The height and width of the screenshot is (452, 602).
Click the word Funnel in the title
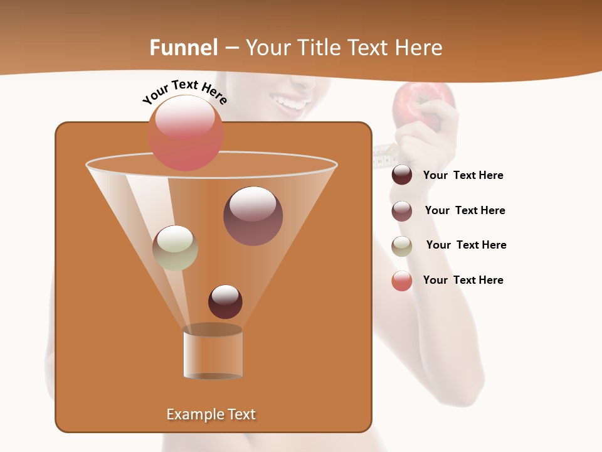(184, 48)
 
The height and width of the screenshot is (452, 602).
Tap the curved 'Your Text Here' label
(185, 92)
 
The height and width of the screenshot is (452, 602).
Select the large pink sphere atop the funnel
(185, 133)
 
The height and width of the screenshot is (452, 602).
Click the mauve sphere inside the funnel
(253, 216)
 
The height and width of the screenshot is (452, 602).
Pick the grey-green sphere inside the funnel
(175, 248)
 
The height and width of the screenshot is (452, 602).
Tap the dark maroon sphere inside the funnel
(225, 301)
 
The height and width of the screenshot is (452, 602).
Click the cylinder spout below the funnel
(213, 355)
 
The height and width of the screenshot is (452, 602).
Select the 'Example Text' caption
(211, 414)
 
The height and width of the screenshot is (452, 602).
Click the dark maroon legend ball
(402, 175)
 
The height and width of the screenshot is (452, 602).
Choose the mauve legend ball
(402, 211)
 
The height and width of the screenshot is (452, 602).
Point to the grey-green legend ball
(402, 246)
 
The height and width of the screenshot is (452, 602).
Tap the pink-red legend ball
(402, 281)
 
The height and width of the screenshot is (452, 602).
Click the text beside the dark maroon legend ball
(463, 176)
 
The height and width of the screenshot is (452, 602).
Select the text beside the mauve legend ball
(465, 211)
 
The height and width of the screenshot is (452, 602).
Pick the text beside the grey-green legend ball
(466, 245)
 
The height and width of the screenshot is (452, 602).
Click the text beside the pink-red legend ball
(463, 281)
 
